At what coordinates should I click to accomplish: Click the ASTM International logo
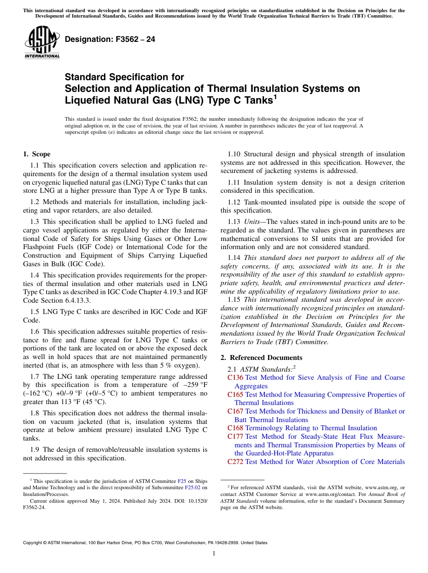pos(42,42)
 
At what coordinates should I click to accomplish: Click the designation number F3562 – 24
pos(110,40)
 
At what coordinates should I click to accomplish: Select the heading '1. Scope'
pos(36,154)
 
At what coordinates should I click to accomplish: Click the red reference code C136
pos(235,377)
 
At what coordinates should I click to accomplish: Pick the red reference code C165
pos(235,395)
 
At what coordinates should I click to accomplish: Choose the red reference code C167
pos(235,411)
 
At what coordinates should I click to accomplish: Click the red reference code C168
pos(235,428)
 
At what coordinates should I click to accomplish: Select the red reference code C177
pos(235,437)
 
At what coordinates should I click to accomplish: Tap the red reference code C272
pos(235,462)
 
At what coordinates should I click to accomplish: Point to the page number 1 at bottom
pos(214,554)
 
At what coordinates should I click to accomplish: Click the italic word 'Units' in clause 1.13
pos(251,222)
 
